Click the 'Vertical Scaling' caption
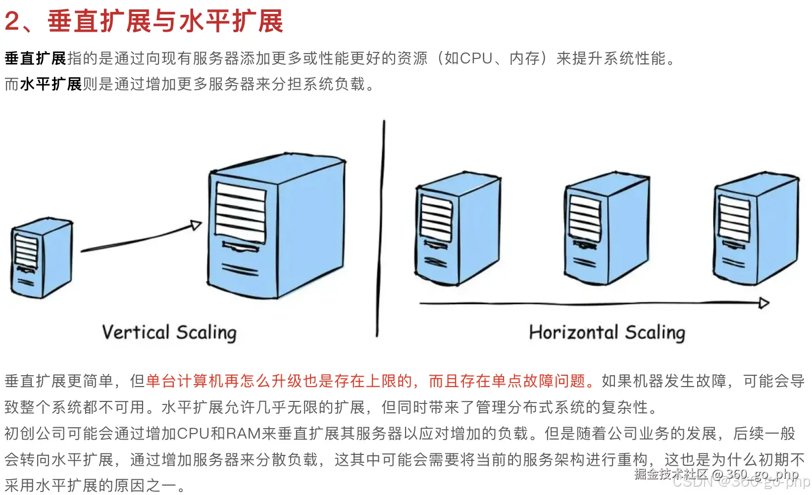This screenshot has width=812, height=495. tap(169, 333)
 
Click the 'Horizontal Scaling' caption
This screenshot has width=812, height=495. tap(607, 333)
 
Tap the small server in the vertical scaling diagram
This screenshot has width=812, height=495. tap(42, 258)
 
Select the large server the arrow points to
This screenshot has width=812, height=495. tap(276, 228)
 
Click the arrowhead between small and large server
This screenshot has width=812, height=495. tap(196, 225)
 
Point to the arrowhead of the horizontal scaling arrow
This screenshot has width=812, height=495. tap(764, 303)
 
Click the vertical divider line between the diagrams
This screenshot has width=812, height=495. tap(381, 228)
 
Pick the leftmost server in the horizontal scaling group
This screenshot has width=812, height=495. tap(457, 230)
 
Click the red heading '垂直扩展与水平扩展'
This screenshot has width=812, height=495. tap(165, 22)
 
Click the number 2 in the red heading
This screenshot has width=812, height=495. tap(12, 22)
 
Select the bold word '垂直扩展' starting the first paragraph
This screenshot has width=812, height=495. tap(36, 58)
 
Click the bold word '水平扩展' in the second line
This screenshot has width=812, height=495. tap(51, 84)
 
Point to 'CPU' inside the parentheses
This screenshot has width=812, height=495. tap(476, 58)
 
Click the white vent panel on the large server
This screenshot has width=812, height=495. tap(241, 212)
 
